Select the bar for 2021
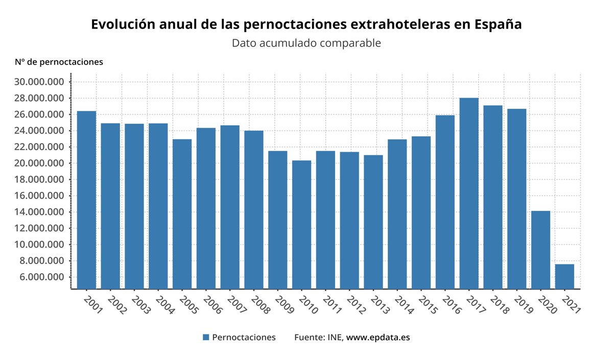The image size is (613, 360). (564, 276)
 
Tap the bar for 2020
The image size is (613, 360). (540, 250)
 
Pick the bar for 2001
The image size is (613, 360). (86, 200)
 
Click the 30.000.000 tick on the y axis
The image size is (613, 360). (39, 82)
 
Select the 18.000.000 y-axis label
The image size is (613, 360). (39, 180)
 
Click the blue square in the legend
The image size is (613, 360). (206, 338)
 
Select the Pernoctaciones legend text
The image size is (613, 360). (244, 338)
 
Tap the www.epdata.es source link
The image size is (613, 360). (378, 338)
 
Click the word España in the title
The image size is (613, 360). (498, 25)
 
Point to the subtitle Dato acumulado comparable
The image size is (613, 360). (306, 43)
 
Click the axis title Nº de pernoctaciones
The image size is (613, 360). (59, 62)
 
